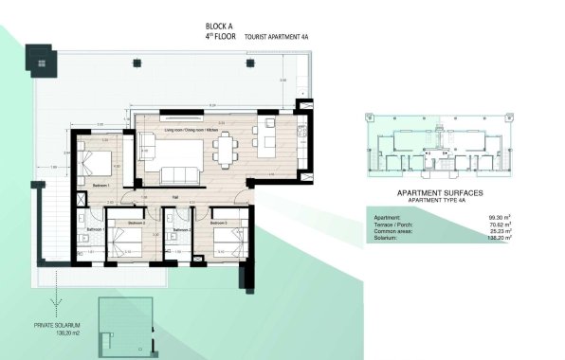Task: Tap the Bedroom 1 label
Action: point(102,185)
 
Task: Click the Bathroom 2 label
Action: point(180,230)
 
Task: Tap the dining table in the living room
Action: point(226,148)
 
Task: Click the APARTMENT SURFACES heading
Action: point(439,191)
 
